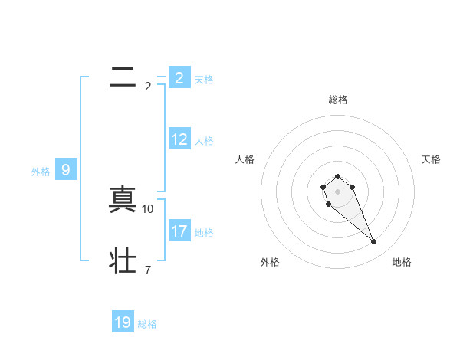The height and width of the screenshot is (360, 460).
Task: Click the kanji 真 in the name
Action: pyautogui.click(x=123, y=201)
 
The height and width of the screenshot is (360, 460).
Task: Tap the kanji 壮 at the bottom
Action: pyautogui.click(x=123, y=260)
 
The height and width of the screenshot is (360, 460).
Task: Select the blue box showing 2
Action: pyautogui.click(x=179, y=77)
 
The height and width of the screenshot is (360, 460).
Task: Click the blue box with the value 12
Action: pyautogui.click(x=179, y=139)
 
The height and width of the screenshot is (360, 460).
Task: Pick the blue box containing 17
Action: pyautogui.click(x=179, y=231)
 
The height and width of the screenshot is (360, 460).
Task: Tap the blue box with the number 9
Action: pyautogui.click(x=66, y=170)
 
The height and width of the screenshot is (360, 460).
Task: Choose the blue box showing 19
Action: pyautogui.click(x=123, y=322)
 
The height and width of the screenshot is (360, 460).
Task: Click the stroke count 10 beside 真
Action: pyautogui.click(x=148, y=208)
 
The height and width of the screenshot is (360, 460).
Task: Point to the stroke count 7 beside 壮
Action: pyautogui.click(x=148, y=269)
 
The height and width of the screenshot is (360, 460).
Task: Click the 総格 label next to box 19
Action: pyautogui.click(x=147, y=324)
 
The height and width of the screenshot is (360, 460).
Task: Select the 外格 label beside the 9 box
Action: pyautogui.click(x=41, y=172)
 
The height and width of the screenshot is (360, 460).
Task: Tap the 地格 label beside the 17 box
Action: pyautogui.click(x=204, y=233)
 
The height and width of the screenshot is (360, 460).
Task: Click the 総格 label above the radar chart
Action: pyautogui.click(x=338, y=100)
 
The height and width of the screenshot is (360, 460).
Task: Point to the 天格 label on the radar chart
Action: pyautogui.click(x=432, y=159)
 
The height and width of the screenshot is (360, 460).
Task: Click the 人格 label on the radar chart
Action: pyautogui.click(x=245, y=159)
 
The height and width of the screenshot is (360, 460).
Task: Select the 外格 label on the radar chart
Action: pyautogui.click(x=270, y=263)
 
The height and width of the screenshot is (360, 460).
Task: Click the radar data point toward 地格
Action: pyautogui.click(x=373, y=242)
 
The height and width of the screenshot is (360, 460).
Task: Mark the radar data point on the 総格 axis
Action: pyautogui.click(x=338, y=177)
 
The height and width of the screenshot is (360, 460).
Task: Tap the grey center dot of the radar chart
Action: pyautogui.click(x=338, y=191)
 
